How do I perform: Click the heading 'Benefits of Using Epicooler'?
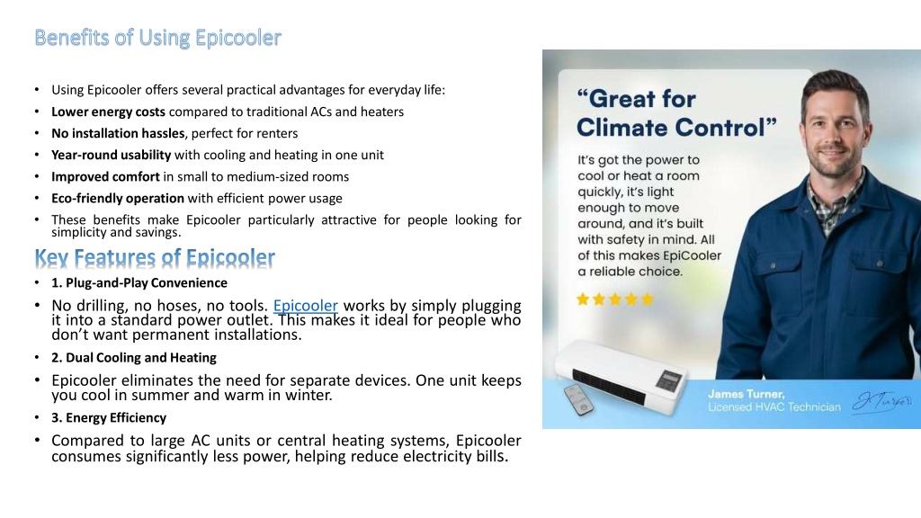[x=158, y=38]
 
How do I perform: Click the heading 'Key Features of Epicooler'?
[x=155, y=258]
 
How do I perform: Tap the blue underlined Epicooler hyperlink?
[x=306, y=306]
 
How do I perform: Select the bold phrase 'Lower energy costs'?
[x=108, y=112]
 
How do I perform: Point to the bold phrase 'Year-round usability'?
[x=111, y=155]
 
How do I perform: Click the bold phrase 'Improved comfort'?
[x=105, y=177]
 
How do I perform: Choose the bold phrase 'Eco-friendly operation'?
[x=118, y=199]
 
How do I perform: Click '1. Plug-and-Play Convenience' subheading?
[x=139, y=283]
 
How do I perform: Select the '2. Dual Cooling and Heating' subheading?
[x=134, y=358]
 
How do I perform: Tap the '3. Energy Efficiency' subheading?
[x=109, y=417]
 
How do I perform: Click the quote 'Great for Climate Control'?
[x=676, y=112]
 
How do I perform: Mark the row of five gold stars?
[x=615, y=299]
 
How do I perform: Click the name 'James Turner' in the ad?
[x=746, y=394]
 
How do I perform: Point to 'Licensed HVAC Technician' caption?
[x=774, y=407]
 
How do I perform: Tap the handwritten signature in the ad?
[x=881, y=402]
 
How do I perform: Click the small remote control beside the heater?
[x=578, y=399]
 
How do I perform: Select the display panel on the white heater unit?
[x=669, y=380]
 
